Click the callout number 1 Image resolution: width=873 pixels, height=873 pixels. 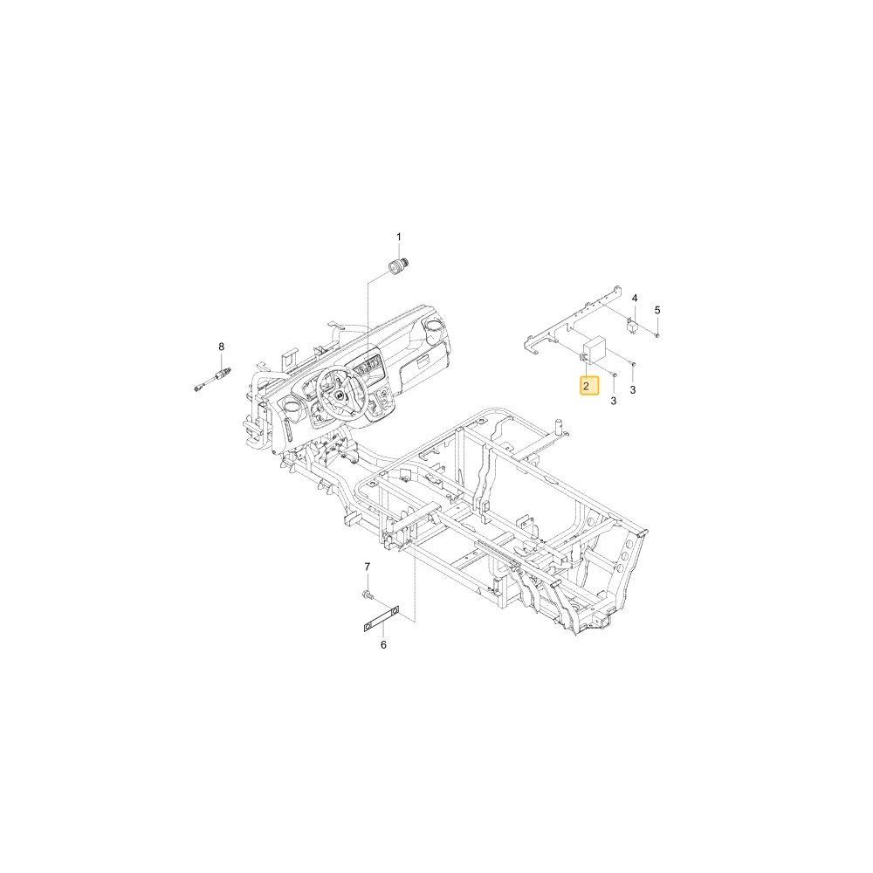click(399, 237)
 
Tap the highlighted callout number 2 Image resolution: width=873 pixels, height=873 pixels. click(587, 386)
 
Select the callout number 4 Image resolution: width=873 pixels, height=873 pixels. click(635, 299)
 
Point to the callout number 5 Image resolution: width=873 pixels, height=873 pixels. click(657, 310)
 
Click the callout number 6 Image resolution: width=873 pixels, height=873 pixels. click(383, 645)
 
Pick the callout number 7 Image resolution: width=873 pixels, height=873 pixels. click(367, 567)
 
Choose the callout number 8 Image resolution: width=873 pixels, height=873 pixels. click(222, 347)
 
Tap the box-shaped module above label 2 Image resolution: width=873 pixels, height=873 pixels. click(595, 350)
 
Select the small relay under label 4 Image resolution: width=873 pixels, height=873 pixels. click(632, 325)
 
